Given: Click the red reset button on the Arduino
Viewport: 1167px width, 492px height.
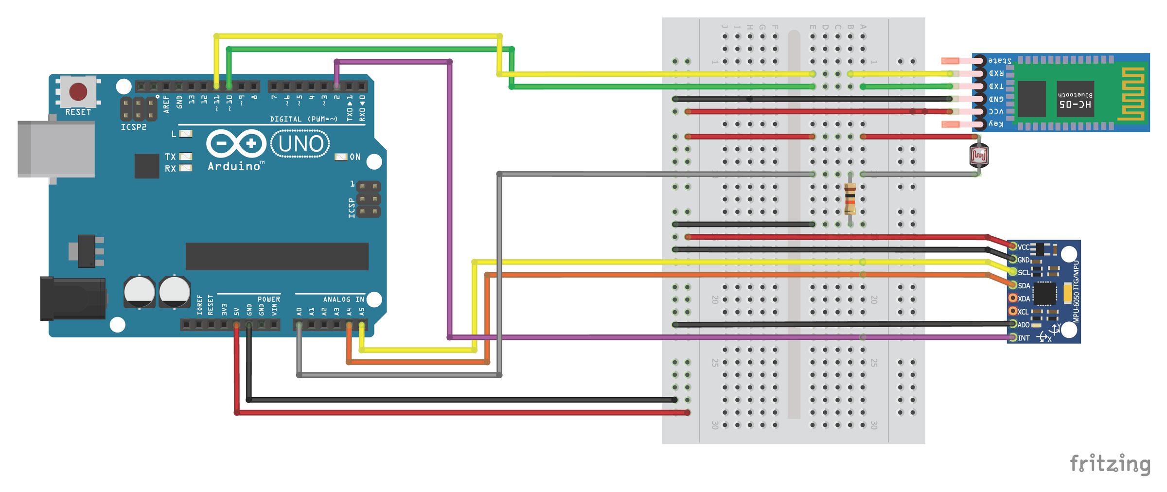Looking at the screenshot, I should click(x=78, y=91).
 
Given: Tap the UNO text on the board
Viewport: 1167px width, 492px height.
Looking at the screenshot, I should click(x=301, y=144).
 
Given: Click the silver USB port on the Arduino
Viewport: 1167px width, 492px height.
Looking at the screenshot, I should click(x=56, y=149).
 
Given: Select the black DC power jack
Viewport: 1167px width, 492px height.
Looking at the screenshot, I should click(x=73, y=298).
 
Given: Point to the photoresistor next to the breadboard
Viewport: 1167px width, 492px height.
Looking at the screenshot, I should click(x=978, y=156).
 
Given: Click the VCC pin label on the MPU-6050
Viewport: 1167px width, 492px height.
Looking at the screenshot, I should click(x=1024, y=247).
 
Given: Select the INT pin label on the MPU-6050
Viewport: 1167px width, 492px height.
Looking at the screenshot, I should click(x=1024, y=338).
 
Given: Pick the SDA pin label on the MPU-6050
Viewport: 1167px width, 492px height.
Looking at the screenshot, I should click(x=1024, y=286).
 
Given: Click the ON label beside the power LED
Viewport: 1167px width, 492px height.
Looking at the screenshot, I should click(x=355, y=157).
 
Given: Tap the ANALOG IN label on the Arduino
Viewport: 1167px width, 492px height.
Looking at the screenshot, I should click(x=343, y=299).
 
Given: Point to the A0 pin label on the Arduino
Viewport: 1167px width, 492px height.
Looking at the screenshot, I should click(x=299, y=311).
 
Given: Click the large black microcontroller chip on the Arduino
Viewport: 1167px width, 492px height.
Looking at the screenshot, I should click(x=277, y=256).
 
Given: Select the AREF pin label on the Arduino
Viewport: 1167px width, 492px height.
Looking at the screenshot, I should click(x=166, y=104).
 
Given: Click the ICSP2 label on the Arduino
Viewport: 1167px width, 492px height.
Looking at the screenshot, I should click(x=134, y=127).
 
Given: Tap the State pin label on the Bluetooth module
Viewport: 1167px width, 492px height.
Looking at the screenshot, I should click(x=1000, y=61).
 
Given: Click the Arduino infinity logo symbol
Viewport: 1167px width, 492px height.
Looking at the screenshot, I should click(x=236, y=143).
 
